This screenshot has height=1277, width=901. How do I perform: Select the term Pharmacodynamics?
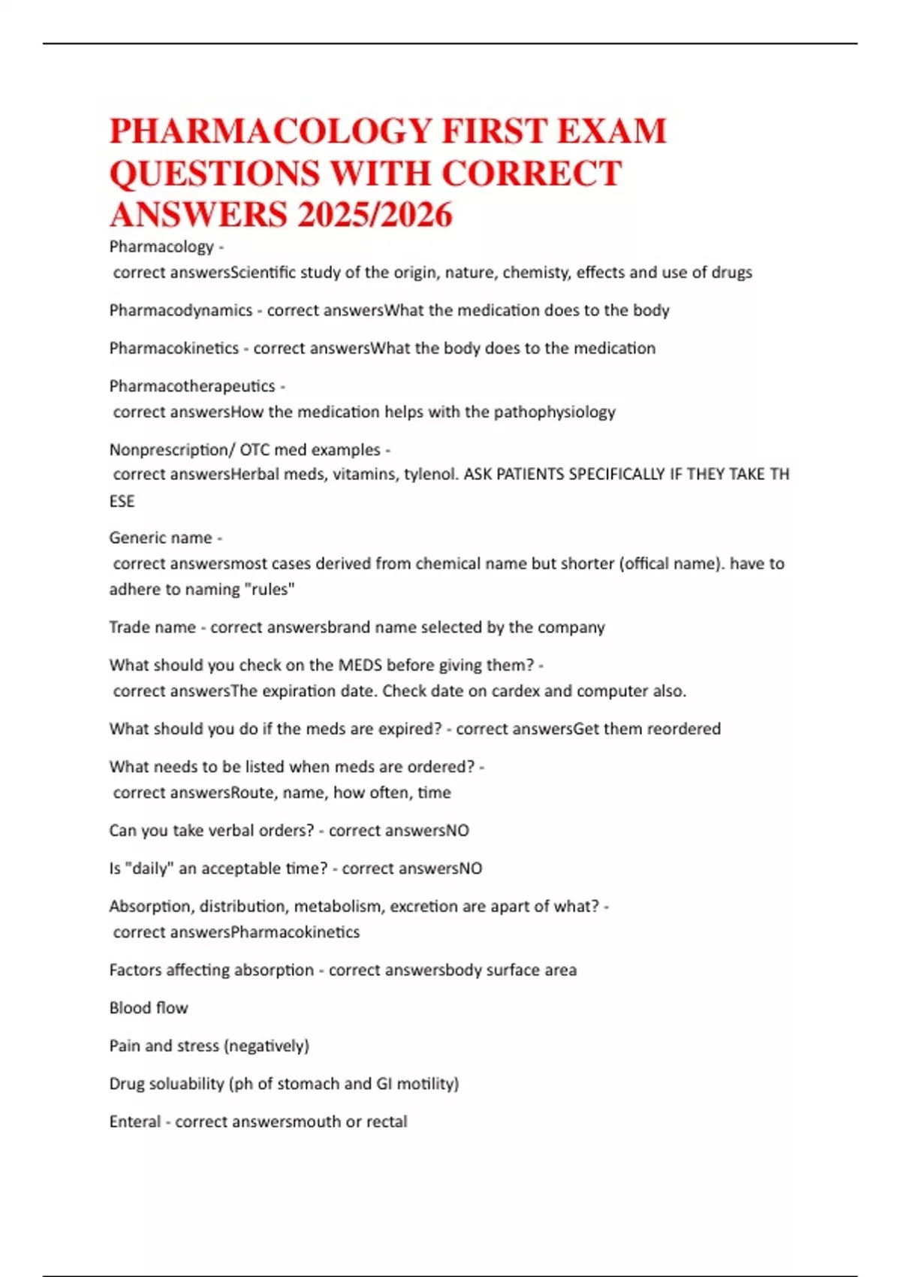(x=180, y=310)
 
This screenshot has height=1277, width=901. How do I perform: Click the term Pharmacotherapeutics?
(x=192, y=386)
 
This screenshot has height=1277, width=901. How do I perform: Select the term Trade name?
(x=152, y=627)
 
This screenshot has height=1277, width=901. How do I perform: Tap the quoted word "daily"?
(x=149, y=868)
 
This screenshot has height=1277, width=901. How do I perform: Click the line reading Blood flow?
(x=149, y=1008)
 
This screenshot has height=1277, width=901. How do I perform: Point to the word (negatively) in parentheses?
(x=267, y=1046)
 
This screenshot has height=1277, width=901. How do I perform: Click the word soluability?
(x=183, y=1084)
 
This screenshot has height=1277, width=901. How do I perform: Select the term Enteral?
(x=134, y=1122)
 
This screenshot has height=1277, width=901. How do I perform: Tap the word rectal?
(x=387, y=1122)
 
